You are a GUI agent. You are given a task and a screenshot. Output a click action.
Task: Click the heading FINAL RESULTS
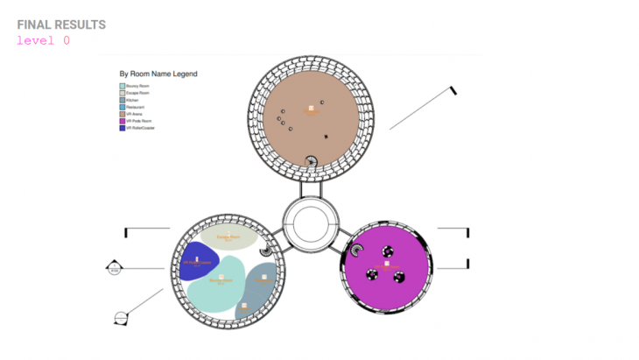click(x=61, y=25)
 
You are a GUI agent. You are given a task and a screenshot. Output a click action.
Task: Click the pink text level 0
click(x=43, y=40)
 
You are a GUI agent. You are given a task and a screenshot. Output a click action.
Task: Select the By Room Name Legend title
click(x=158, y=74)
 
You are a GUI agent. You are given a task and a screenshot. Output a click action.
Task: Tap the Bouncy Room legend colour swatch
click(x=122, y=86)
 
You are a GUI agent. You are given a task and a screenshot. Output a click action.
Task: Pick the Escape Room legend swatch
click(x=122, y=93)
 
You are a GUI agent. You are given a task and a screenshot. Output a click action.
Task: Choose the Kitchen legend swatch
click(x=122, y=100)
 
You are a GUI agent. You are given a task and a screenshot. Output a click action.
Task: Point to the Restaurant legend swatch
click(x=122, y=107)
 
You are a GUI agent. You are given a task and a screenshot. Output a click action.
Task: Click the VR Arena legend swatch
click(x=122, y=114)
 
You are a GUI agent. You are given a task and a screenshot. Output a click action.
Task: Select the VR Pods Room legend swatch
click(x=122, y=121)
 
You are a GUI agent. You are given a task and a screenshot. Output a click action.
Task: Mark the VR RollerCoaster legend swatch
click(x=122, y=128)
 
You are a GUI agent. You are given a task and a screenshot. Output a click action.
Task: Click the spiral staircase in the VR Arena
click(x=311, y=160)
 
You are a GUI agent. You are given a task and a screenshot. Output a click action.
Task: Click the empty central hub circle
click(x=312, y=223)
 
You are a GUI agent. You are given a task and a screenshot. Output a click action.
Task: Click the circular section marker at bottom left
click(x=121, y=316)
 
